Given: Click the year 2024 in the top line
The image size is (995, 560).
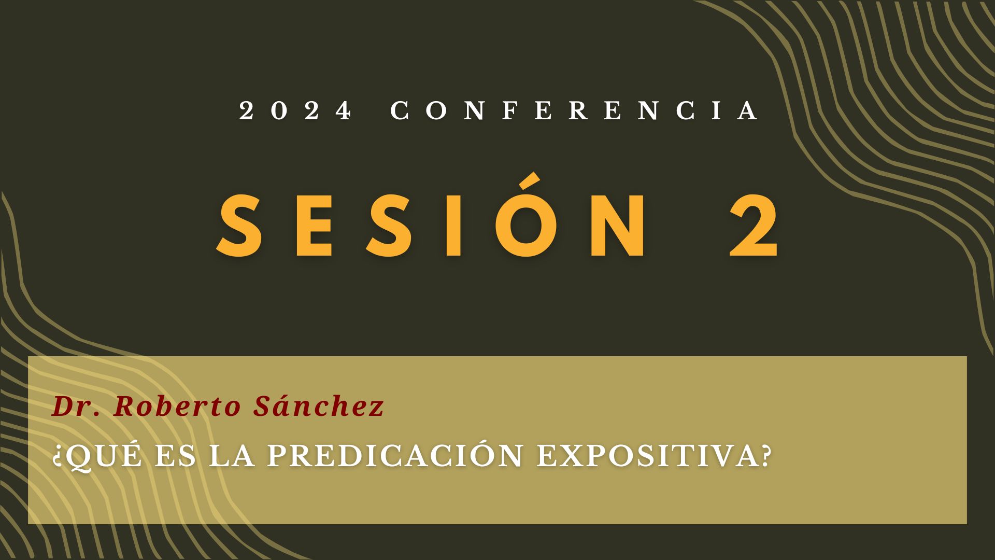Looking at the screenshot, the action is (295, 110).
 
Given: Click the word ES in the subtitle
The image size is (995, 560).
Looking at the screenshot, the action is (176, 455).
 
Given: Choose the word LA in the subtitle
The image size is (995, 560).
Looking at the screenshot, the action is (232, 455).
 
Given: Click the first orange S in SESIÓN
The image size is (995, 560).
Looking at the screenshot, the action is (239, 226).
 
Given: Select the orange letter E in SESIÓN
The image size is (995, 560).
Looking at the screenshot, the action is (314, 226).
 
